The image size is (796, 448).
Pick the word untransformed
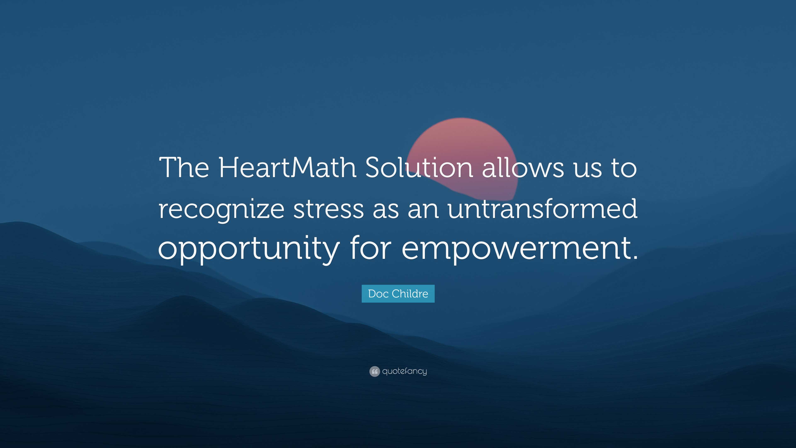[x=542, y=209]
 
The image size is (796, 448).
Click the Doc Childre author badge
[x=398, y=293]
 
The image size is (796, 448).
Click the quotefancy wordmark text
[x=404, y=371]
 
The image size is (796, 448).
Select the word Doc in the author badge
[x=378, y=293]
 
